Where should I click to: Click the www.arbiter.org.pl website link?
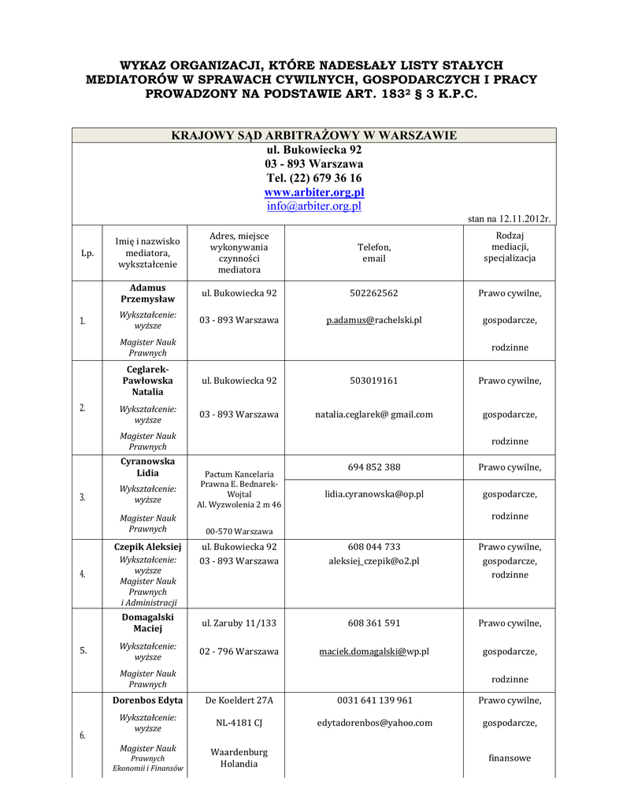[313, 192]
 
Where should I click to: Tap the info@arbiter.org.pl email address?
[313, 206]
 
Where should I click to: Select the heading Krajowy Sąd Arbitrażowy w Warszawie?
[313, 136]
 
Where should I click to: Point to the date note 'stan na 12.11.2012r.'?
[509, 218]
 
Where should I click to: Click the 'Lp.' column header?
[87, 253]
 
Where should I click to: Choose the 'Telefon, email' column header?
[374, 253]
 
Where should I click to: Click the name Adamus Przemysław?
[148, 293]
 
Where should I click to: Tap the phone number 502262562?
[374, 293]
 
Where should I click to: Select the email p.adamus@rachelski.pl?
[374, 320]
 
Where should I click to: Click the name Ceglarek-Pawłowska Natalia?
[148, 381]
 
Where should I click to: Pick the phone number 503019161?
[374, 381]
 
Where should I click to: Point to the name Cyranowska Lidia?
[148, 467]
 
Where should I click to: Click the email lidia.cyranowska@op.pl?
[374, 494]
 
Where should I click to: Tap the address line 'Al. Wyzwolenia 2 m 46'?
[239, 504]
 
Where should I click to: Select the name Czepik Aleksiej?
[148, 546]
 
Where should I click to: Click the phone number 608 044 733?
[374, 546]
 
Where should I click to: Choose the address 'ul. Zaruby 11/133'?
[239, 623]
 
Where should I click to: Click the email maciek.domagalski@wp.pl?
[374, 652]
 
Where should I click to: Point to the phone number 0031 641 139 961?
[374, 701]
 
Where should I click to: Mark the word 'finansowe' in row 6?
[510, 758]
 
